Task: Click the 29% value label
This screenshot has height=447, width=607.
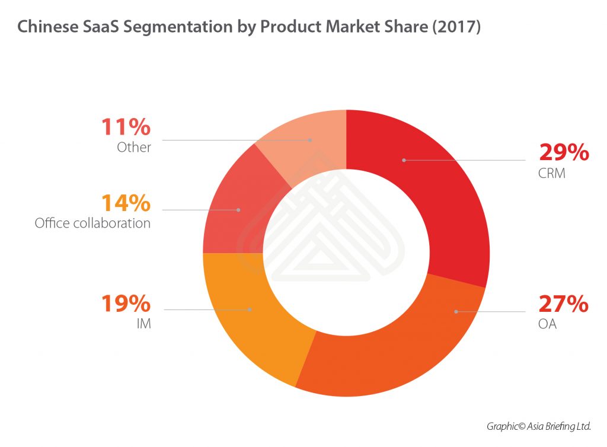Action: tap(564, 152)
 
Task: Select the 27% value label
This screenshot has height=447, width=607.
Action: tap(563, 304)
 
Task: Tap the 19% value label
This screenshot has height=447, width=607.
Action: tap(126, 304)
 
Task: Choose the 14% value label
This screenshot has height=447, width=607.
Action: tap(126, 203)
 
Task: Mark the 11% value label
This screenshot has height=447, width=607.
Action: tap(126, 127)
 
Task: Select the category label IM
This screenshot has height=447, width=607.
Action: tap(143, 325)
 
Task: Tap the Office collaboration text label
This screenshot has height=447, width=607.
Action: tap(92, 223)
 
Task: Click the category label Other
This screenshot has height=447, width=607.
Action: tap(134, 147)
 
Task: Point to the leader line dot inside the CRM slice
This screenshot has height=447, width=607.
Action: tap(403, 159)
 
